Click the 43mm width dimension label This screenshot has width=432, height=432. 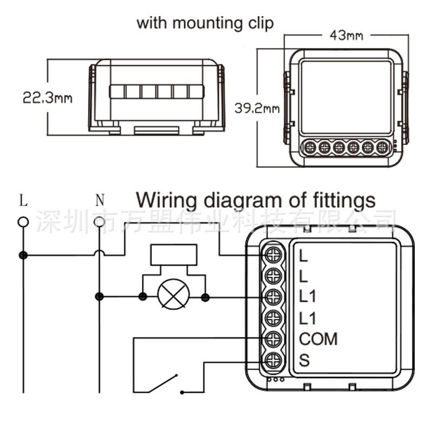tap(346, 36)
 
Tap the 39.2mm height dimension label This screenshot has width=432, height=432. tap(256, 108)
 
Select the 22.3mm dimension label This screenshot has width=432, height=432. tap(48, 98)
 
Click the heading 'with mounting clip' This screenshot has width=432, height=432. tap(205, 23)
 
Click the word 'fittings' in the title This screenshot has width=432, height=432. tap(343, 200)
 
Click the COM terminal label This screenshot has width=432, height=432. tap(318, 339)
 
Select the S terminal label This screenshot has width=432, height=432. tap(304, 360)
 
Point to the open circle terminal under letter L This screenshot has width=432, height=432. tap(23, 222)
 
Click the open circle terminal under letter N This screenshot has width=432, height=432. tap(99, 222)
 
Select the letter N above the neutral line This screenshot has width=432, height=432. tap(99, 200)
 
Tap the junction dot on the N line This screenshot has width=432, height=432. tap(99, 296)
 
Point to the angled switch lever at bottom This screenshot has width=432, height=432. tap(164, 383)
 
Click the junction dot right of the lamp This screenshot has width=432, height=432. tap(205, 296)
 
